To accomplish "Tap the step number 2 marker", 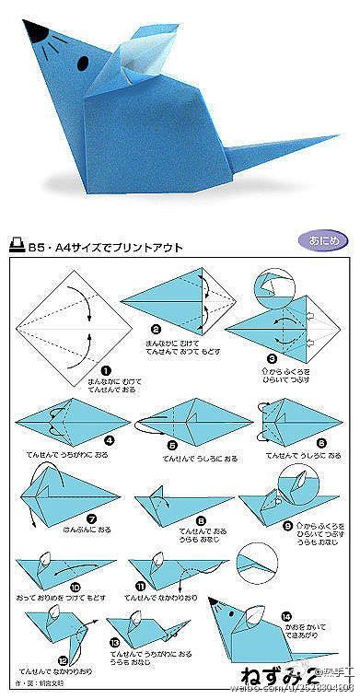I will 156,328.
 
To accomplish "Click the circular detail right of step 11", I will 255,563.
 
